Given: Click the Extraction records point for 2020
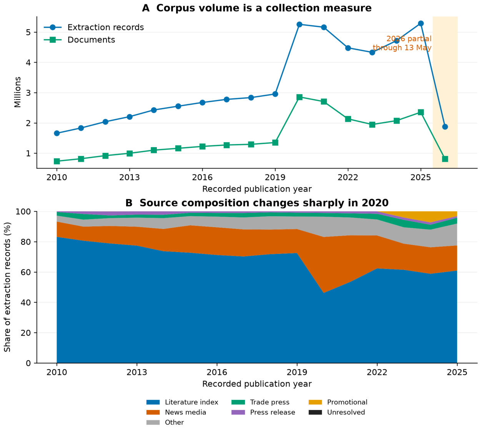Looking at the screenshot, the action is (x=300, y=25).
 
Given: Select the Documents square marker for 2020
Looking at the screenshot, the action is (x=300, y=97).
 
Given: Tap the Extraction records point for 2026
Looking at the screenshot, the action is (x=445, y=127).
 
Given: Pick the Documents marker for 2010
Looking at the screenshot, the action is (x=57, y=161).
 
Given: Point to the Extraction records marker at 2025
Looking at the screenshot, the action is (x=421, y=23).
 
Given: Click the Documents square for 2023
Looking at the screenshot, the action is (x=372, y=124).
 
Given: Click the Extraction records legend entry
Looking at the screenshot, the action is (x=94, y=28).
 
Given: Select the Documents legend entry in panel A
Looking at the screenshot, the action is (x=80, y=40).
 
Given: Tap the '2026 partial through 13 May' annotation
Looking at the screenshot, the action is (x=402, y=43).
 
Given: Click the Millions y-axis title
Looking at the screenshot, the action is (x=18, y=92).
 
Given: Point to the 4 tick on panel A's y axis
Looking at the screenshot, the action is (x=29, y=63).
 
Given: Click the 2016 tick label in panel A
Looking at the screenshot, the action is (x=202, y=177).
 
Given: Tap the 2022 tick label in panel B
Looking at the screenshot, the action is (x=377, y=372).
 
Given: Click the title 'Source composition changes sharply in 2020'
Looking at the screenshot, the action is (x=264, y=203).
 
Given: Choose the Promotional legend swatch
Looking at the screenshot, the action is (x=315, y=402).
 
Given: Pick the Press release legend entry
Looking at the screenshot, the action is (x=263, y=412).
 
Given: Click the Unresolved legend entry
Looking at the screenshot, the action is (x=337, y=412).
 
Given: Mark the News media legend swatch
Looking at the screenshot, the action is (x=153, y=413).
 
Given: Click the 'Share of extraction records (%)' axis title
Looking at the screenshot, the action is (x=7, y=287).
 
